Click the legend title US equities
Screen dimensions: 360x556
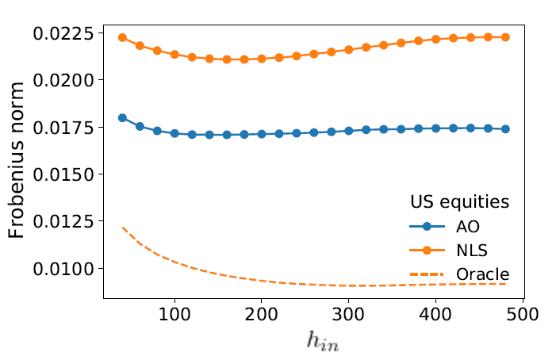pos(459,202)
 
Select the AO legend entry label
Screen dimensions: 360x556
pos(467,227)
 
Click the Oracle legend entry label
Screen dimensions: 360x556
pos(482,274)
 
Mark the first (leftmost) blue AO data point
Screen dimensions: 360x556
pos(122,117)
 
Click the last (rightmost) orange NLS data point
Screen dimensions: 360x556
pos(504,37)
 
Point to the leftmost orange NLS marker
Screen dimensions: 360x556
pos(122,37)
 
